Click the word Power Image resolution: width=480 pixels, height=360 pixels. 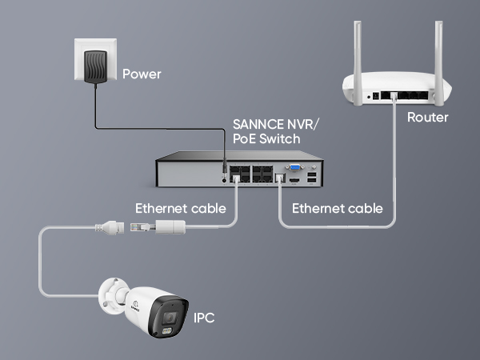click(142, 74)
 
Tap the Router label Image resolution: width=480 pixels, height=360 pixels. click(427, 118)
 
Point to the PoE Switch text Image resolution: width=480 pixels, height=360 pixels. click(266, 139)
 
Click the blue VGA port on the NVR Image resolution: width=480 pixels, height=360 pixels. click(295, 169)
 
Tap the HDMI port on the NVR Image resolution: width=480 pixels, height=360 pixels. click(294, 180)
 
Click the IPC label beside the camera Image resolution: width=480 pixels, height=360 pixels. click(204, 318)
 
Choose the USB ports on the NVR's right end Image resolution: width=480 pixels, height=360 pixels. click(310, 174)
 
